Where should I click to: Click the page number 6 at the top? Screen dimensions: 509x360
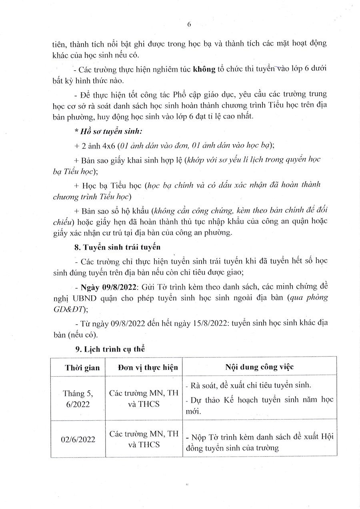189,24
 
